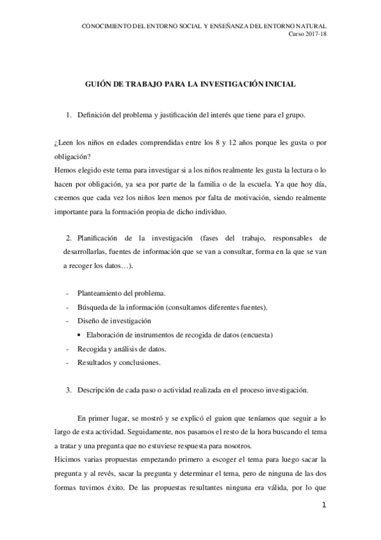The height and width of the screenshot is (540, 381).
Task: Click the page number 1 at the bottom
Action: coord(324,506)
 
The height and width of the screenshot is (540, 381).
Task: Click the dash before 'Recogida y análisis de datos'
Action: coord(67,349)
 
